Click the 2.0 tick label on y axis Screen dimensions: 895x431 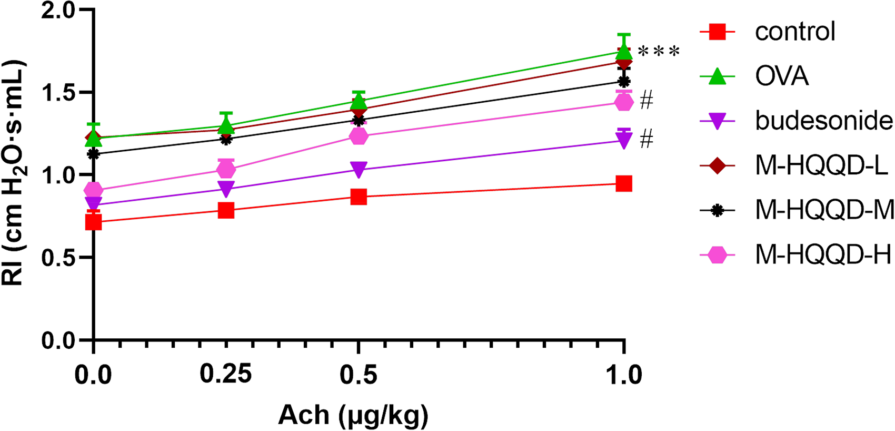[x=58, y=11]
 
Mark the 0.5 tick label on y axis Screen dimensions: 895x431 [x=58, y=258]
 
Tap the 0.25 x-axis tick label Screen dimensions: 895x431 [x=226, y=374]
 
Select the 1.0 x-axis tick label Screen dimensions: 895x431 [x=624, y=376]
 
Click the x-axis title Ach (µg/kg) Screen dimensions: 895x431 [x=353, y=416]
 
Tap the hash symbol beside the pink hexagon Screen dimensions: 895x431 [x=647, y=100]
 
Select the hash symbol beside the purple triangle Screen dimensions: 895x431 [x=647, y=139]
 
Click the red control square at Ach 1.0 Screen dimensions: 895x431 [x=624, y=184]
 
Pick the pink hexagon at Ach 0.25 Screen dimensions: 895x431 [x=226, y=170]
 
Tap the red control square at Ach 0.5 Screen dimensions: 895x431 [x=359, y=197]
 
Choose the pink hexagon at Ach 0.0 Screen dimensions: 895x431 [x=94, y=190]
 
